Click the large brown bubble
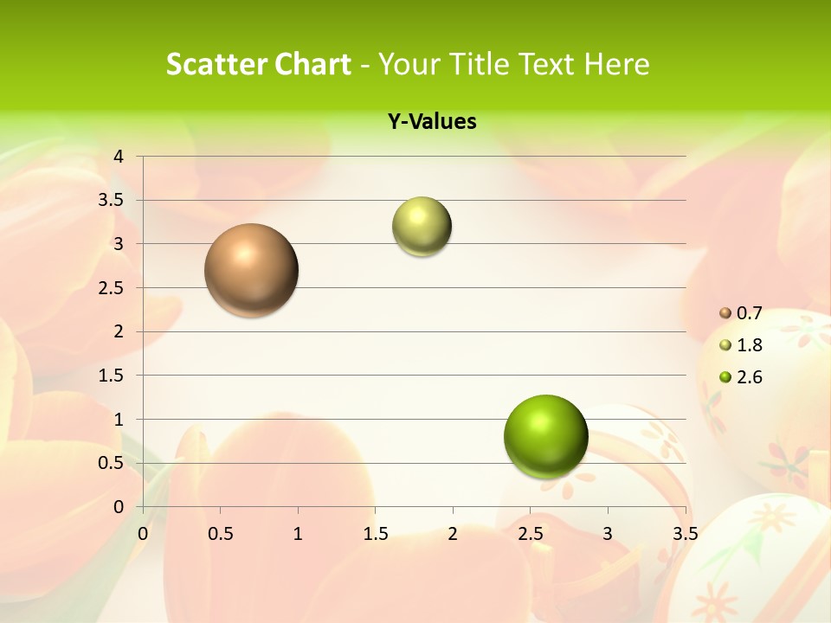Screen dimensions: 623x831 [252, 270]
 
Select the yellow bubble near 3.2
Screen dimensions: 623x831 [422, 227]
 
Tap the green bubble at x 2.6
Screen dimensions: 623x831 [545, 436]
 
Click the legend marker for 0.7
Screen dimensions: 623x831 [725, 312]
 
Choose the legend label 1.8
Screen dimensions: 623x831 [749, 345]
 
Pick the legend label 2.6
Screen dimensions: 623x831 [749, 377]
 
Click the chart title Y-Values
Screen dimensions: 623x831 [432, 122]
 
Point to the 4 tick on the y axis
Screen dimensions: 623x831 [119, 157]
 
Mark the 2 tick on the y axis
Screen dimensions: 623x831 [119, 331]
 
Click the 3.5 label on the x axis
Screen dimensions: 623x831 [685, 534]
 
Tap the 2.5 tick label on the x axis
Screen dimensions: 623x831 [530, 534]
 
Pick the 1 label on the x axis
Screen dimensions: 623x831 [298, 534]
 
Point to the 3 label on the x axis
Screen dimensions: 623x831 [607, 534]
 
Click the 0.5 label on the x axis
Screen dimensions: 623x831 [220, 534]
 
